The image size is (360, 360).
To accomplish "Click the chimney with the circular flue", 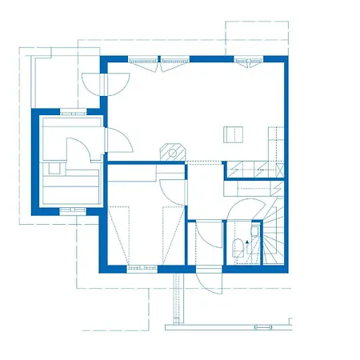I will [x=170, y=151].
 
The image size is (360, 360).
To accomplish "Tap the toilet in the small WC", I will [x=239, y=247].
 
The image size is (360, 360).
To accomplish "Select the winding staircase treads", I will [x=273, y=232].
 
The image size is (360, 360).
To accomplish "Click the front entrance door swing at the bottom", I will [x=201, y=282].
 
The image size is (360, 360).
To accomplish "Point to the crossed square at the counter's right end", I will [x=233, y=170].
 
